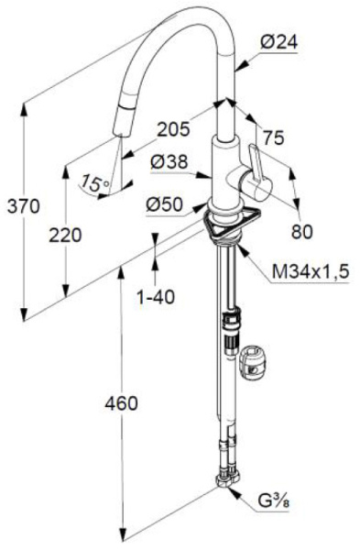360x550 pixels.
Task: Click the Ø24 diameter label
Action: (x=278, y=43)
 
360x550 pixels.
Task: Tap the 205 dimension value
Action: (x=173, y=129)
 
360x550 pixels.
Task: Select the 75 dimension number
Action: (x=273, y=137)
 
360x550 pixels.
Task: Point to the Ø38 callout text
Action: (x=169, y=162)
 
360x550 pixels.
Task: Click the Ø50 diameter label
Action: (x=164, y=204)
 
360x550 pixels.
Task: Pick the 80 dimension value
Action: (x=301, y=232)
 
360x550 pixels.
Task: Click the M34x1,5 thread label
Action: (x=311, y=272)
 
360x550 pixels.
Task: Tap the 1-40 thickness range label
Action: (x=156, y=298)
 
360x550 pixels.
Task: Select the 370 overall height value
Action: (x=24, y=206)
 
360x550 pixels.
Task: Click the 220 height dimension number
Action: (x=65, y=235)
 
